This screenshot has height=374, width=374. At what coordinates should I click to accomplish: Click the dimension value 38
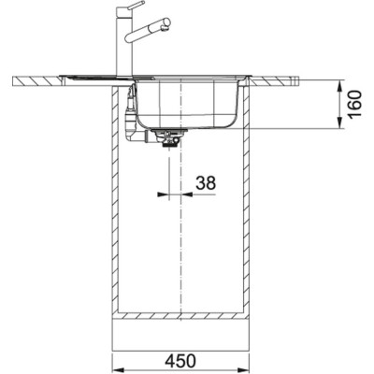tap(205, 184)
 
